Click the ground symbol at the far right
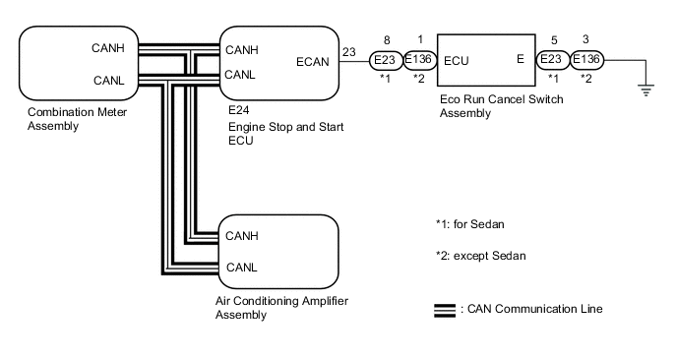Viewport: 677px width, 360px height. pos(646,90)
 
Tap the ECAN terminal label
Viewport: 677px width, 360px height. pos(313,62)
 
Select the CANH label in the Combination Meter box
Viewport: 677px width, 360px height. pos(108,48)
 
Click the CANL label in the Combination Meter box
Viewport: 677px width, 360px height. pos(109,81)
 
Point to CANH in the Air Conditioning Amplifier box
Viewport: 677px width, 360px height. pos(242,236)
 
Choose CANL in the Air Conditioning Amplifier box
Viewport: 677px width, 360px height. pos(241,268)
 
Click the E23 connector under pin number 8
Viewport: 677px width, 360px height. pos(385,60)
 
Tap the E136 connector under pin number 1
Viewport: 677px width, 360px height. pos(419,60)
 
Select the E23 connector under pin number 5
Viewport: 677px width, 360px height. pos(553,59)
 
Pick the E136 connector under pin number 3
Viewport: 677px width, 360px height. pos(586,59)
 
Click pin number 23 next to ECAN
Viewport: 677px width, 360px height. pos(349,52)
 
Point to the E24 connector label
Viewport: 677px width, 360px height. pos(239,110)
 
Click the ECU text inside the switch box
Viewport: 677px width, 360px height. pos(457,61)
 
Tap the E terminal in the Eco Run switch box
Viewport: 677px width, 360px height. pos(521,59)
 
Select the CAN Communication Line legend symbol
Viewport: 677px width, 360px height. pos(445,311)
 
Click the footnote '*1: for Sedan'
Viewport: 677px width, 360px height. pos(470,224)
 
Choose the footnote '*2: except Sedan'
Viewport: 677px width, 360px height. pos(481,256)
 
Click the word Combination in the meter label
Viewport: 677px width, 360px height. pos(60,112)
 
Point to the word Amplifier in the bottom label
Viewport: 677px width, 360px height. pos(323,301)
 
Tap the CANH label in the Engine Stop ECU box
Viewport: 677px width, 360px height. pos(242,50)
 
